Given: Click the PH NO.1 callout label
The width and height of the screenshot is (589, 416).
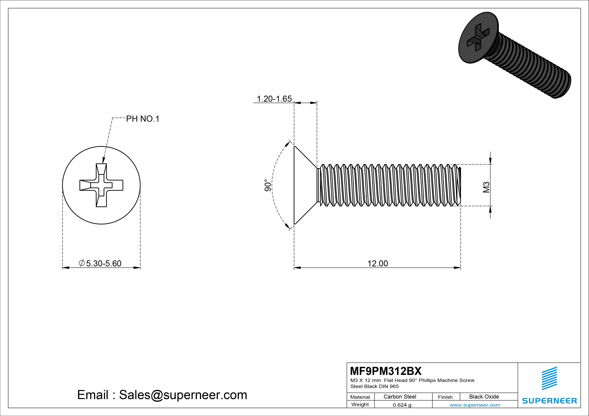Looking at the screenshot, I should click(143, 119).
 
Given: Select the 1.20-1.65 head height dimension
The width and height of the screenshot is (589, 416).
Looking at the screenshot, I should click(274, 99).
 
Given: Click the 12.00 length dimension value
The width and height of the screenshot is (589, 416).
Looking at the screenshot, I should click(378, 264).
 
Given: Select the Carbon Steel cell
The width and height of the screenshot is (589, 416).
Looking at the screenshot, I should click(400, 397).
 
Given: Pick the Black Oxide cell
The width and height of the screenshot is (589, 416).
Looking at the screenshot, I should click(484, 397).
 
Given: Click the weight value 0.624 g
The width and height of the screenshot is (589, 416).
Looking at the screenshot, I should click(402, 405).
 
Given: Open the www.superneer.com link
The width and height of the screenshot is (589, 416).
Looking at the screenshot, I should click(475, 405).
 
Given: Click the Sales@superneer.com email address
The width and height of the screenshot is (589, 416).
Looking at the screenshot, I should click(183, 395).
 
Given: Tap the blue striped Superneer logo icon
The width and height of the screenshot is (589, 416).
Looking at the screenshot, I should click(549, 378).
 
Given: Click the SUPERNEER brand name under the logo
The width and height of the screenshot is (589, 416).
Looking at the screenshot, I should click(549, 401).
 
